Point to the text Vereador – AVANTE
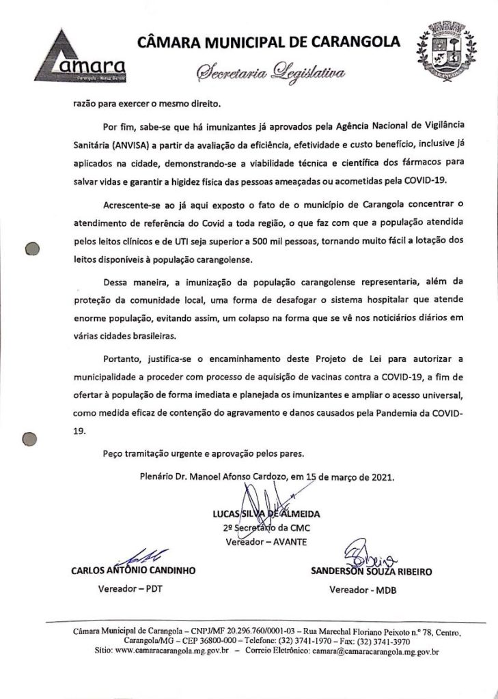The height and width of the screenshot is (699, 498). click(266, 542)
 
